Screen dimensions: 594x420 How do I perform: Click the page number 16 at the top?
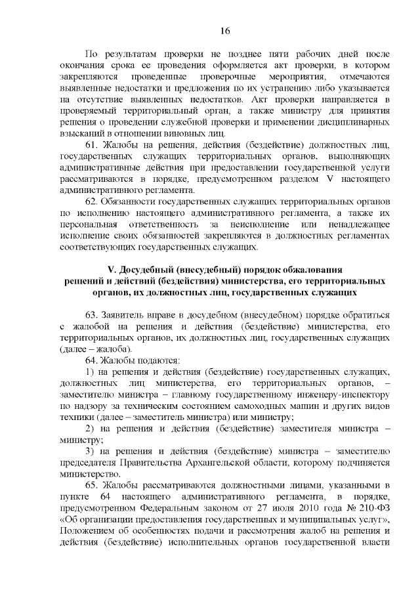coord(224,31)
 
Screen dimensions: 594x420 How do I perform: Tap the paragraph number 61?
coord(92,144)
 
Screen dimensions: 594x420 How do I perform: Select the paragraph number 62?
coord(92,200)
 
